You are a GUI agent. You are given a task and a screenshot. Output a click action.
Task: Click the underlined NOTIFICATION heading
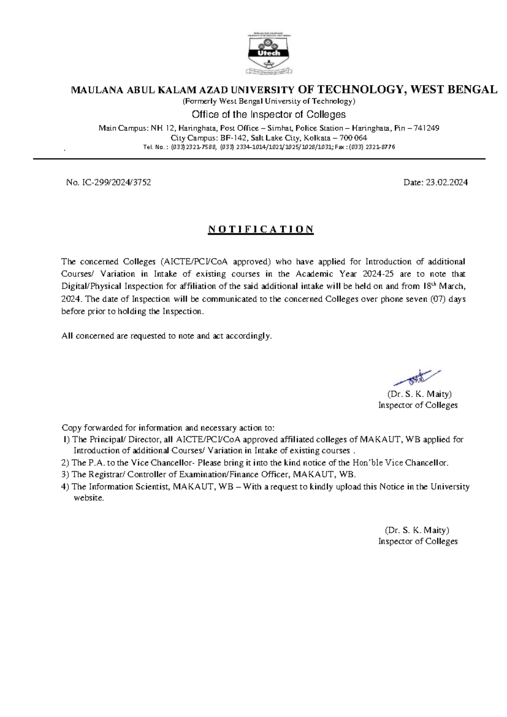point(261,229)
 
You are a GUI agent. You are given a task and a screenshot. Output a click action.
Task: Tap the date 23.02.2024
point(447,183)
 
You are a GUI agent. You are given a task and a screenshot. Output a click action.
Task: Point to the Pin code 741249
point(426,128)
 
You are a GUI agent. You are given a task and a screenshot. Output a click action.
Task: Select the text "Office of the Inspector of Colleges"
point(269,115)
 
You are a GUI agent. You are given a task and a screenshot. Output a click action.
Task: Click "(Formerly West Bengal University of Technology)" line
point(269,101)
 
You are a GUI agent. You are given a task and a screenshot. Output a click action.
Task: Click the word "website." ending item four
point(89,498)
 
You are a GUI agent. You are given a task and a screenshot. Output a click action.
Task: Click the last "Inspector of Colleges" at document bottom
point(417,542)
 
